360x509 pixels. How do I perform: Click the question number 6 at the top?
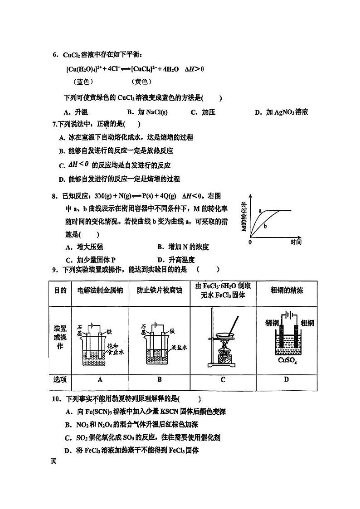point(55,55)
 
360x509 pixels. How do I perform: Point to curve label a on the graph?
point(260,211)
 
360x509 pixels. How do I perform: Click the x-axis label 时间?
point(296,242)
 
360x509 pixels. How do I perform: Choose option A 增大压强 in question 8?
point(84,247)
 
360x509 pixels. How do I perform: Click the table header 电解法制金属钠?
point(100,291)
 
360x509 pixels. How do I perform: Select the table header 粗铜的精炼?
point(286,291)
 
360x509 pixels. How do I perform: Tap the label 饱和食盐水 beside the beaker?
point(115,348)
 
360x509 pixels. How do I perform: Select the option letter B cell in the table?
point(159,379)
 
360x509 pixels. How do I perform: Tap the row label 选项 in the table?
point(60,379)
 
